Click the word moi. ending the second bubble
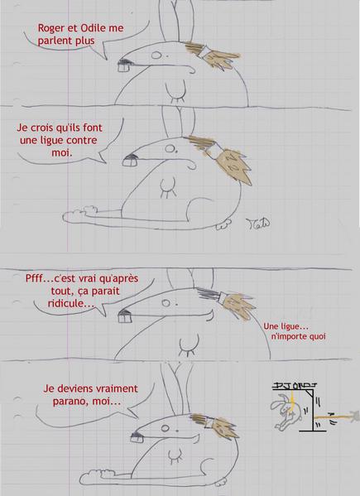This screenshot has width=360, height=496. click(x=61, y=153)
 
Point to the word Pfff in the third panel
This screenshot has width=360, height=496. click(x=33, y=278)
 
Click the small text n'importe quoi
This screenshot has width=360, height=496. click(x=298, y=336)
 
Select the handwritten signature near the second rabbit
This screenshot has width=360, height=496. click(x=257, y=224)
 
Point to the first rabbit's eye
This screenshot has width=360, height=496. click(x=156, y=55)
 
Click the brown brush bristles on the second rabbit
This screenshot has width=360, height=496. click(x=234, y=167)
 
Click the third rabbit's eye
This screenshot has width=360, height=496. click(x=166, y=303)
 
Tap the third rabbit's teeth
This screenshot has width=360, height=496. click(x=125, y=316)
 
